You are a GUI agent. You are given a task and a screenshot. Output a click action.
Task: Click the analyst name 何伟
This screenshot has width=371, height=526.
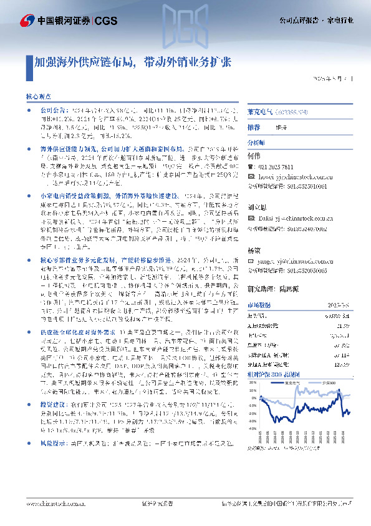click(x=253, y=155)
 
